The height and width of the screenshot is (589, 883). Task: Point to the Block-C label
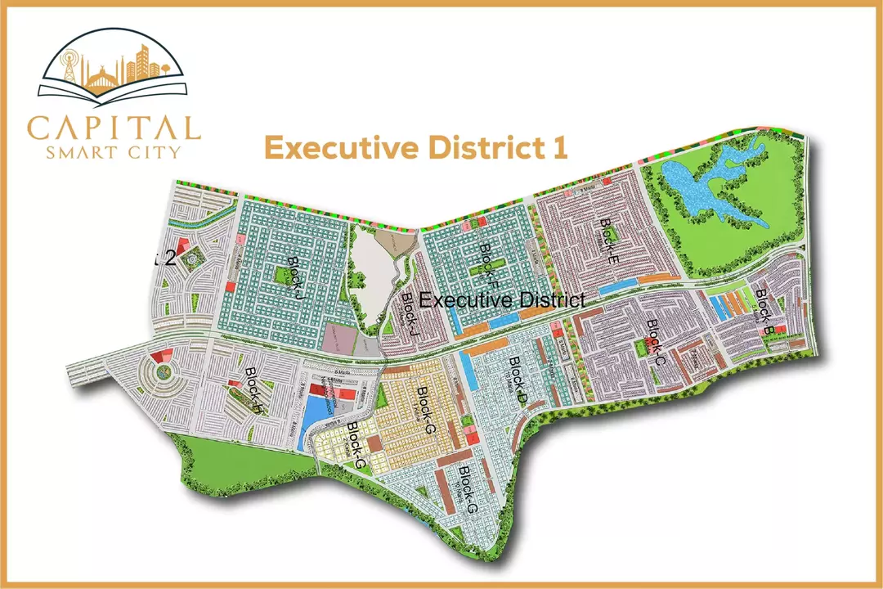657,341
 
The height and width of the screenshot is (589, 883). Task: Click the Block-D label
518,380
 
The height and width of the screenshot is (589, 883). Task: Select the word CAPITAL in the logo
114,128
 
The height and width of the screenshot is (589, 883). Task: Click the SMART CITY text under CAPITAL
114,151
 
